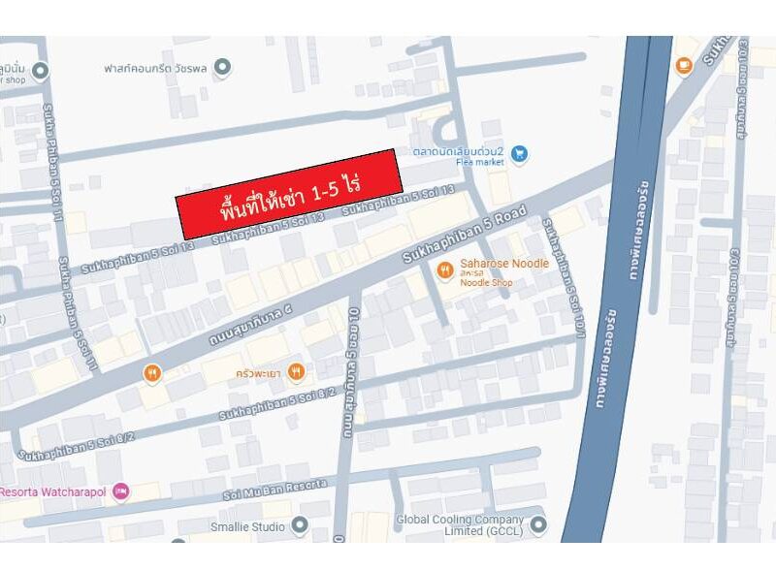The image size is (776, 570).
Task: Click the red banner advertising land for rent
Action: [x=289, y=194]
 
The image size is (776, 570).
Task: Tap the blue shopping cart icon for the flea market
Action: [x=520, y=152]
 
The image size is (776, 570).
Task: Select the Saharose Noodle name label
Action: [x=504, y=264]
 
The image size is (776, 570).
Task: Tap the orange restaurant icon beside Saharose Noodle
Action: [x=445, y=269]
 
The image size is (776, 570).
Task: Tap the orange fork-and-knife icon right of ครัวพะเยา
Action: [x=296, y=370]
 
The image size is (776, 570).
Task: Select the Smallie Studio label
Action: [x=247, y=526]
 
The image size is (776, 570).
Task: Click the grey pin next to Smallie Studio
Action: [x=300, y=526]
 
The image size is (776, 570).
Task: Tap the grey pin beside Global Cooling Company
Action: [x=538, y=525]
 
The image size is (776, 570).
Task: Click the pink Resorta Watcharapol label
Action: [x=53, y=491]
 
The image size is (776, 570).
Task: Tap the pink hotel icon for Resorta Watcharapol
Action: [x=120, y=491]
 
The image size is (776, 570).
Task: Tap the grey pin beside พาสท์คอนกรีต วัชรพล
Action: [x=222, y=67]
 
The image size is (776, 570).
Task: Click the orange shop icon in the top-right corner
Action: [x=684, y=66]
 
